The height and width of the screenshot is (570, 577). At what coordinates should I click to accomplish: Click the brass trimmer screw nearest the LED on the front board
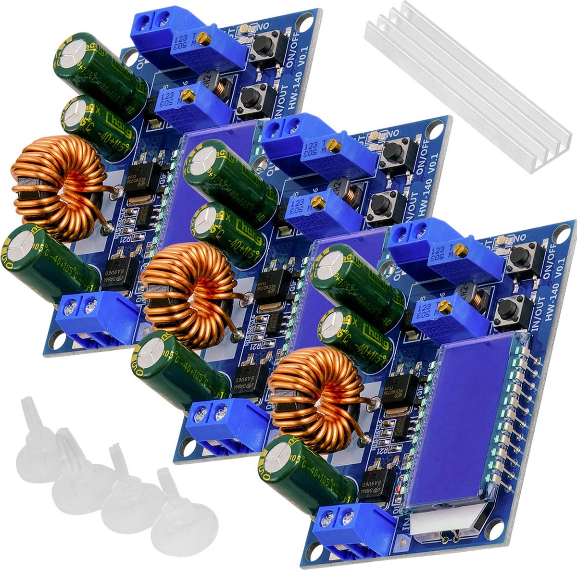click(x=461, y=249)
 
